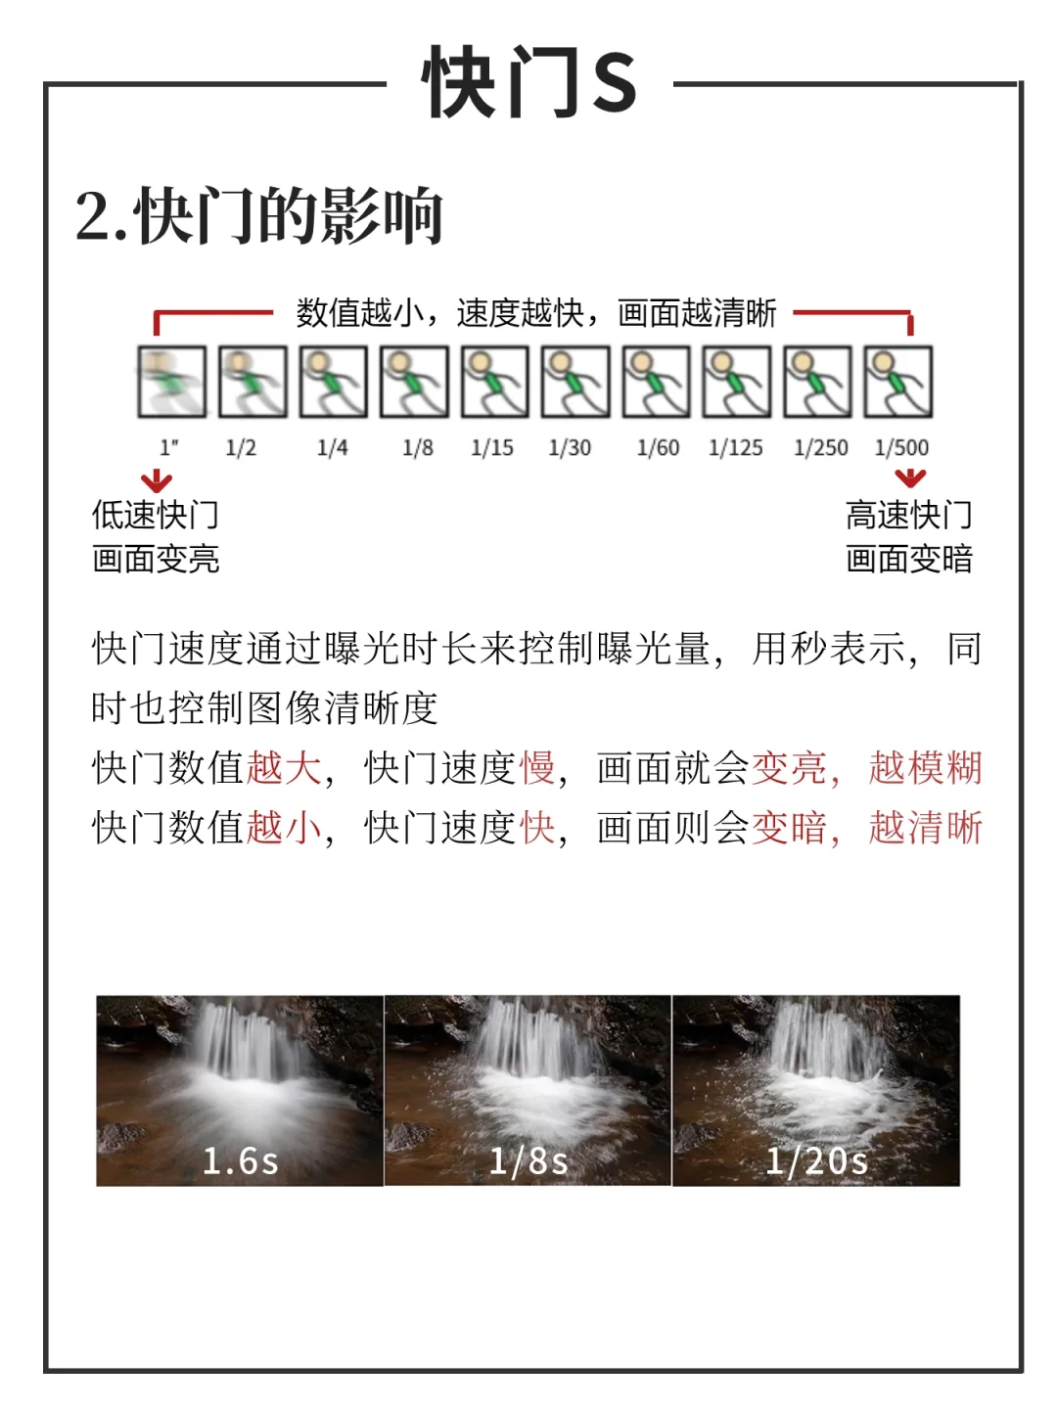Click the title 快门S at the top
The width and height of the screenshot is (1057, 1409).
coord(528,81)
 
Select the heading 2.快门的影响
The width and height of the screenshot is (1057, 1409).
coord(258,215)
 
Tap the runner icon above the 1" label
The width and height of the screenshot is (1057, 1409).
coord(172,382)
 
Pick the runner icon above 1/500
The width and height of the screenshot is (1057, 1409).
coord(897,382)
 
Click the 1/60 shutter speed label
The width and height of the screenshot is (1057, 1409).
coord(658,447)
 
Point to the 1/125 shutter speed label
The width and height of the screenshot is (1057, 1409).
coord(735,447)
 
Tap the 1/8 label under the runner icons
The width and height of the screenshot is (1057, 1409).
coord(418,447)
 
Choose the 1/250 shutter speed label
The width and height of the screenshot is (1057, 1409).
coord(821,447)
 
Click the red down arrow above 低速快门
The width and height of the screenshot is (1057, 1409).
coord(157,480)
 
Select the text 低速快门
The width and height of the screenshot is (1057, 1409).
coord(156,515)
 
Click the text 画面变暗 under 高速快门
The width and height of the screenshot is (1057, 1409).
coord(909,559)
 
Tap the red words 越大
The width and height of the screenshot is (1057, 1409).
coord(284,767)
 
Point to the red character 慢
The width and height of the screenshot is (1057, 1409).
coord(537,767)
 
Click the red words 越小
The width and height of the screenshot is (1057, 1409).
coord(284,827)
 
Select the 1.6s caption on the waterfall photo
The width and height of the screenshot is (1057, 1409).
coord(240,1161)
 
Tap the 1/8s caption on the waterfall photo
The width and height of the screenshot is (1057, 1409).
coord(528,1161)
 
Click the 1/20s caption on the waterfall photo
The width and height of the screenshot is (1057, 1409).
coord(816,1161)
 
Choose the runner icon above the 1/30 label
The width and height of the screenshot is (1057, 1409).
coord(575,382)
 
